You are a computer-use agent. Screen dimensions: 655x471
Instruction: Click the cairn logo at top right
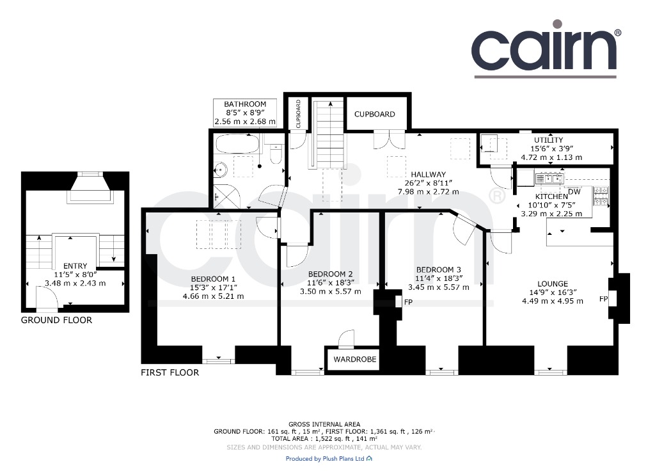pyautogui.click(x=546, y=49)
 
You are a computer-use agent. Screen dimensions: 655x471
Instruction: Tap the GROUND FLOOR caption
pyautogui.click(x=56, y=320)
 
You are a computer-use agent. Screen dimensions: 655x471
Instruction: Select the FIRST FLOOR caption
pyautogui.click(x=170, y=372)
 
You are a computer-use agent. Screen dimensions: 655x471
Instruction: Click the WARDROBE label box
pyautogui.click(x=354, y=359)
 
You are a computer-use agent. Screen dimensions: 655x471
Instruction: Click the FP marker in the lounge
pyautogui.click(x=603, y=299)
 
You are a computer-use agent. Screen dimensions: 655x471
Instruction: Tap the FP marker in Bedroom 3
pyautogui.click(x=408, y=302)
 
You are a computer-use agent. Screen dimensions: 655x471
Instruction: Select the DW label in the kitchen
pyautogui.click(x=574, y=192)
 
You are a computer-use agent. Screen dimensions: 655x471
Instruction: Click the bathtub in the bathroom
pyautogui.click(x=237, y=145)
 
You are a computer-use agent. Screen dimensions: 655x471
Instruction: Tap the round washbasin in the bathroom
pyautogui.click(x=220, y=170)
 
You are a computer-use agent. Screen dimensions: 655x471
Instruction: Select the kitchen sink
pyautogui.click(x=549, y=179)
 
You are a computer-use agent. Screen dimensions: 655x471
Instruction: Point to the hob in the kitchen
pyautogui.click(x=600, y=196)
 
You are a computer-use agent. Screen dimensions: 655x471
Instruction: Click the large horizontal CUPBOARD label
pyautogui.click(x=375, y=114)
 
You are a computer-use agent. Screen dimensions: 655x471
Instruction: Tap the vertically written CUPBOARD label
pyautogui.click(x=298, y=114)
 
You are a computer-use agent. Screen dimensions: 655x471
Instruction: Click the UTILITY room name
pyautogui.click(x=548, y=140)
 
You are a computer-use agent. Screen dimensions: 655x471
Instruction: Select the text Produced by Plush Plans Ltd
pyautogui.click(x=325, y=458)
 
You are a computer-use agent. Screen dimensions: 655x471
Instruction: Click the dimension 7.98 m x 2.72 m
pyautogui.click(x=428, y=192)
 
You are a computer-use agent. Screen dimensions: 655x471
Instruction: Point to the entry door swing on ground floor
pyautogui.click(x=47, y=299)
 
